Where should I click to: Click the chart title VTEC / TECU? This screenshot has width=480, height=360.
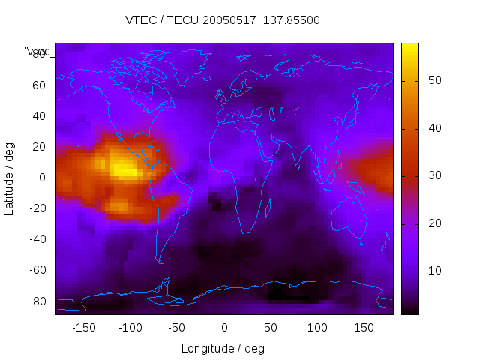click(x=222, y=20)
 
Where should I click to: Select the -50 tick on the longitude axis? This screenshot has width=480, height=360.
click(x=177, y=328)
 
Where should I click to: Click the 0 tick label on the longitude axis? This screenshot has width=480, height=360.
click(x=223, y=328)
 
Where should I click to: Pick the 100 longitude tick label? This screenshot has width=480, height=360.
click(x=317, y=328)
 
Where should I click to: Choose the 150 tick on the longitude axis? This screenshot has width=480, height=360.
click(x=364, y=328)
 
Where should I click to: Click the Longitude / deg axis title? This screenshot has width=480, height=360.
click(x=223, y=348)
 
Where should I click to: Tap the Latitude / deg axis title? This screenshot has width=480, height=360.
click(x=10, y=178)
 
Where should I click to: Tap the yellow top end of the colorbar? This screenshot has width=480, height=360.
click(x=409, y=48)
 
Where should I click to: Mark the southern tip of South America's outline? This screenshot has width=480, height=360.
click(x=160, y=262)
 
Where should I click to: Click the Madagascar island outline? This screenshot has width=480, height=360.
click(x=267, y=209)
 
